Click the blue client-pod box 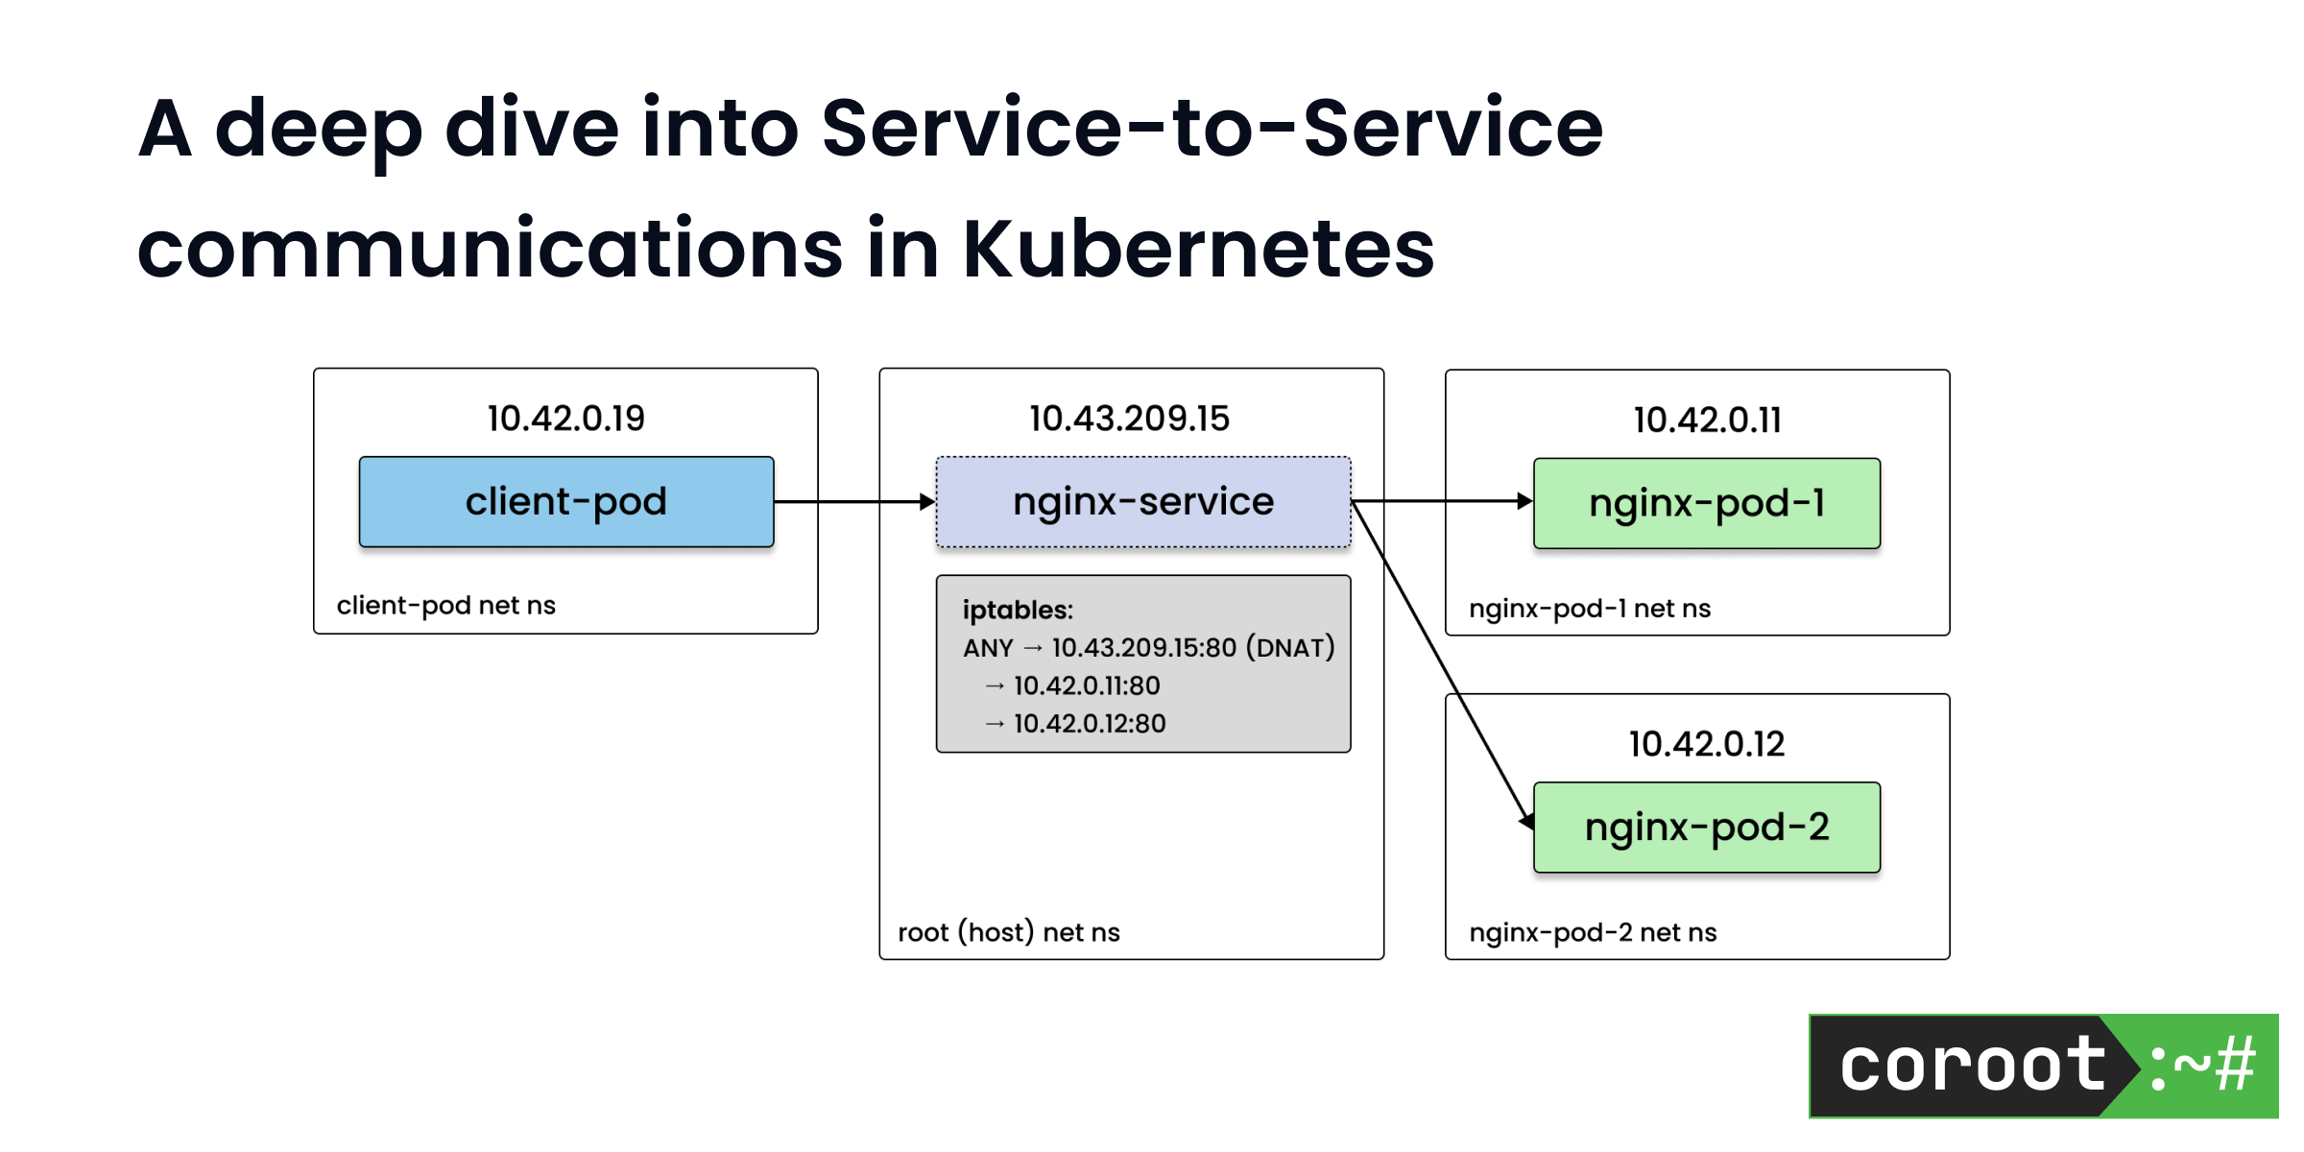[x=566, y=502]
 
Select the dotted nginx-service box [x=1142, y=502]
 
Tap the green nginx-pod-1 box [x=1706, y=503]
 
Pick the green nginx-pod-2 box [x=1706, y=828]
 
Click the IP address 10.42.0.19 [x=565, y=419]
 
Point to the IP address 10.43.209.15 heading [x=1129, y=419]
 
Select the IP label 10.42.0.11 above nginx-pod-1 [x=1707, y=420]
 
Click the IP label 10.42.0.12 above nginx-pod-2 [x=1706, y=744]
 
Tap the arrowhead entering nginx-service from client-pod [x=926, y=501]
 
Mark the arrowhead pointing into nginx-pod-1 [x=1524, y=501]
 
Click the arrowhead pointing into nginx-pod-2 [x=1526, y=821]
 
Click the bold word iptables [x=1017, y=611]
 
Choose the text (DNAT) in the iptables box [x=1290, y=648]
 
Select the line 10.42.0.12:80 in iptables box [x=1089, y=724]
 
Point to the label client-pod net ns [x=445, y=606]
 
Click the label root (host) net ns [x=1008, y=932]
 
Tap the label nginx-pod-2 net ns [x=1593, y=932]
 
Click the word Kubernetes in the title [x=1198, y=250]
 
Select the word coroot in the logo [x=1972, y=1066]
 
